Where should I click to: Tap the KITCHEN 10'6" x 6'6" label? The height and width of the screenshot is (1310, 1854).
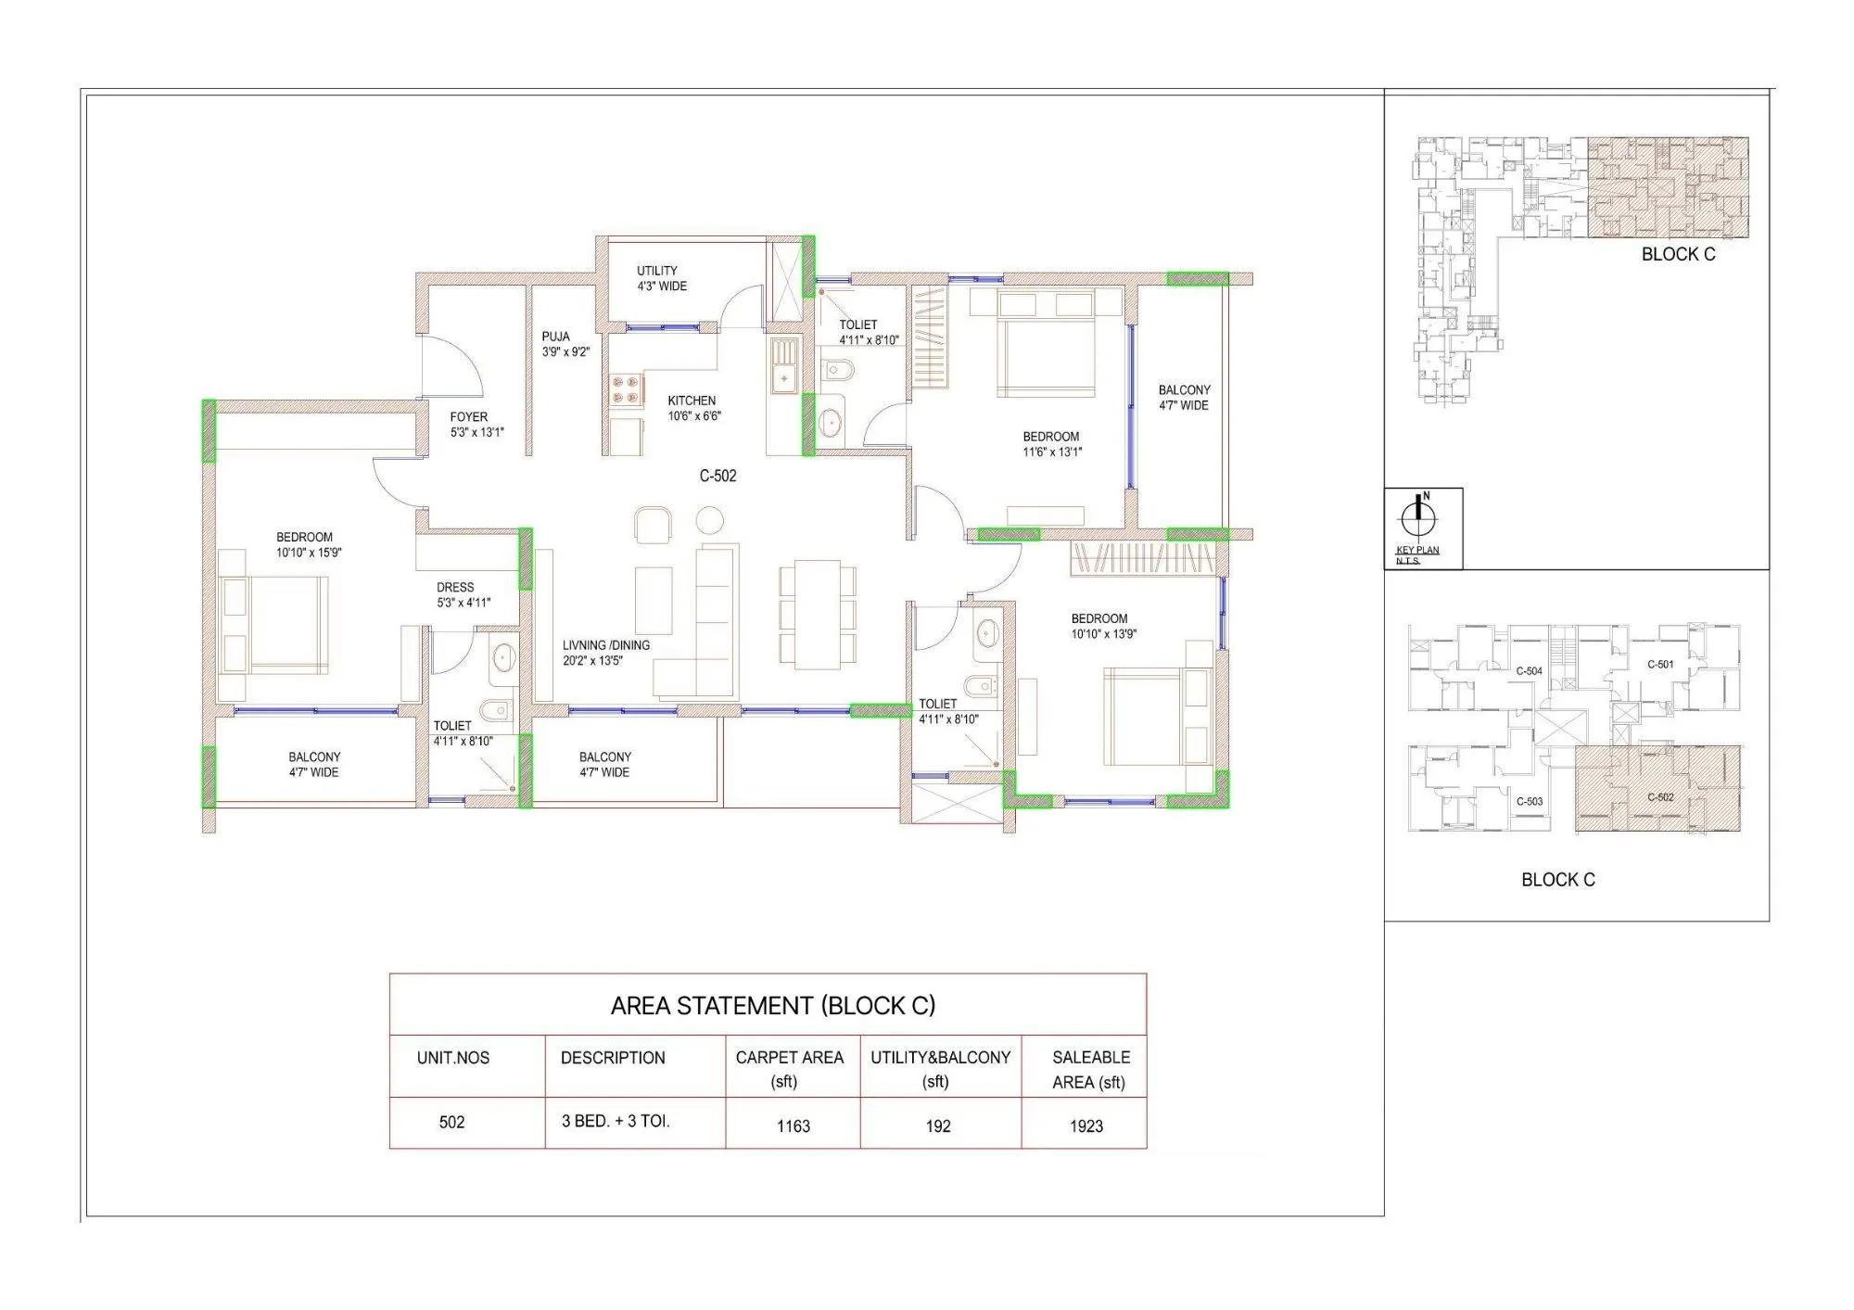[693, 408]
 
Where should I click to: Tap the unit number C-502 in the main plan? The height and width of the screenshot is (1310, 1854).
[717, 476]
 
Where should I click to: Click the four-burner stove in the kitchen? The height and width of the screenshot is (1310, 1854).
[627, 389]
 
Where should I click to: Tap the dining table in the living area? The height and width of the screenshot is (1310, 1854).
[818, 613]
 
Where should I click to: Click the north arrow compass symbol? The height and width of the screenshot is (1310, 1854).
[1417, 515]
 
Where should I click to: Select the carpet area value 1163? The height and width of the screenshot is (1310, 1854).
[793, 1126]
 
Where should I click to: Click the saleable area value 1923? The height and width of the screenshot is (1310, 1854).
[1086, 1126]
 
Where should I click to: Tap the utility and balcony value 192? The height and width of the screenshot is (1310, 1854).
[937, 1126]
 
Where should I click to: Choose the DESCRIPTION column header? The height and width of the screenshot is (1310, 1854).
[613, 1058]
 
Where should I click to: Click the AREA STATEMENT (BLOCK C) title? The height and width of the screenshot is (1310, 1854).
[772, 1006]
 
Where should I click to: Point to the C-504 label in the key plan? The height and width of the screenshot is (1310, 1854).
[1529, 670]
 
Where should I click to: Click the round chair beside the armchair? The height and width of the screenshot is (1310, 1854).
[709, 520]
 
